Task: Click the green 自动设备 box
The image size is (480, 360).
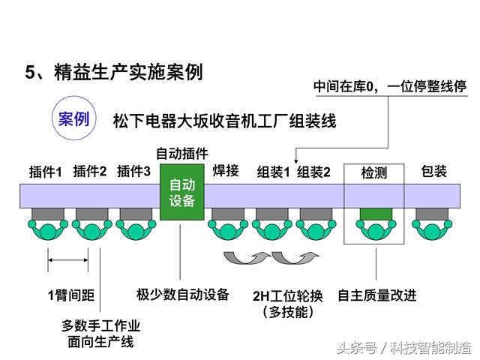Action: coord(182,192)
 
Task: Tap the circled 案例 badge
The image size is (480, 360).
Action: coord(74,118)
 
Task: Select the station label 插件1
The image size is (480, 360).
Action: coord(45,172)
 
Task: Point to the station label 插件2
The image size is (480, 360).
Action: coord(90,172)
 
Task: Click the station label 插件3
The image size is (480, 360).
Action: coord(133,172)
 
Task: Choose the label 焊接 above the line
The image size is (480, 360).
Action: coord(226,170)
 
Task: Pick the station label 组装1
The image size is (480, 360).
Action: coord(273,172)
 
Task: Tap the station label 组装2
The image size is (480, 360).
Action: coord(313,172)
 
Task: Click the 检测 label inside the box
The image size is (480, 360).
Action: coord(373,172)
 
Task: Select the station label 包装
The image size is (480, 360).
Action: coord(433,171)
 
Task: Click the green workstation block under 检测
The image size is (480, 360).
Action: coord(376,214)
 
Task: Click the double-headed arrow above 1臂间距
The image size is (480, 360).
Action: coord(68,260)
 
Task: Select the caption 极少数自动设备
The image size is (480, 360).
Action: coord(183,295)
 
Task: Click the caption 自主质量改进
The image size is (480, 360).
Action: coord(377,295)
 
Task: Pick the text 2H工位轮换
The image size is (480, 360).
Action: coord(288,296)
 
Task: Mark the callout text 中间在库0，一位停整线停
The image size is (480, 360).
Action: coord(390,87)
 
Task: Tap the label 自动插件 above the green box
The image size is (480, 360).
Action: coord(182,153)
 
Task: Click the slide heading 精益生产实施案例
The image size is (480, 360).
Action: coord(128,72)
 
